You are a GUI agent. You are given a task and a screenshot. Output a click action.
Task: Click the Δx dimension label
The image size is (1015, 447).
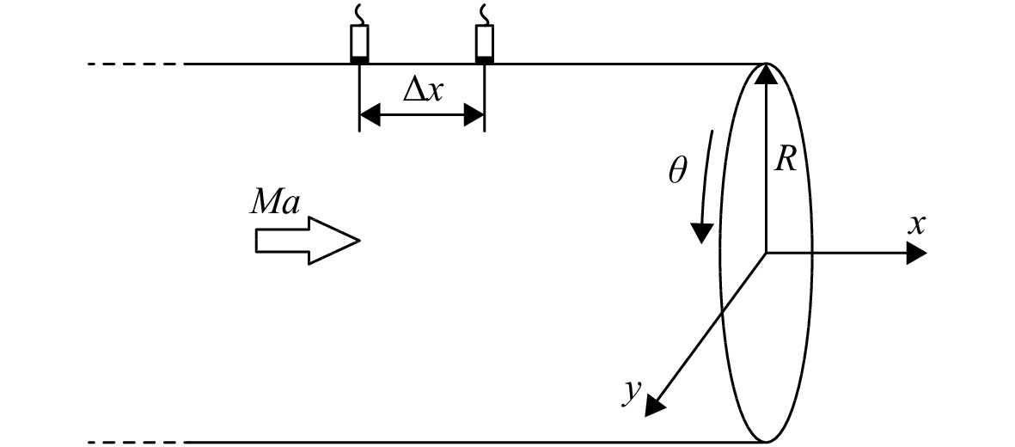click(x=422, y=91)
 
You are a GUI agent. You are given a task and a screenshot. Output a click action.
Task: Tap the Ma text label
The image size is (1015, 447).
click(x=275, y=204)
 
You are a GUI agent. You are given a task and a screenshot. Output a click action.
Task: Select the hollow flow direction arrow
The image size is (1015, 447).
click(x=307, y=241)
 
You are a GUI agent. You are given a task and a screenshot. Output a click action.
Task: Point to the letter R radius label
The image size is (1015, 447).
click(x=786, y=158)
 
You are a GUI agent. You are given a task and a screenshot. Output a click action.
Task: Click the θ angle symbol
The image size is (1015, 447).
click(x=678, y=171)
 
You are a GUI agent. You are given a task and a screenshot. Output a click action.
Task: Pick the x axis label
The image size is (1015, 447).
click(x=916, y=225)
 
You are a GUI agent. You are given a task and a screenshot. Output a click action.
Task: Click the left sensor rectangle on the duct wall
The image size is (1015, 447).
click(x=359, y=43)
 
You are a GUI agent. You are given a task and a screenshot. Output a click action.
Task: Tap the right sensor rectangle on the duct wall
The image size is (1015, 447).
click(x=484, y=43)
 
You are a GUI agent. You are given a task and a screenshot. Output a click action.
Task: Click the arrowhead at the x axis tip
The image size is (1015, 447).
click(x=916, y=253)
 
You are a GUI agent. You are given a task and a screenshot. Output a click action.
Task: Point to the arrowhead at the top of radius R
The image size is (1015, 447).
click(x=766, y=74)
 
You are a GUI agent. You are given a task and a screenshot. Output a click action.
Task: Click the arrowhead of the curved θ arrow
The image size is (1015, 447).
click(x=701, y=233)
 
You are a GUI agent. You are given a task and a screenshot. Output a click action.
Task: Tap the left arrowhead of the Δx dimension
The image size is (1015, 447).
click(x=370, y=117)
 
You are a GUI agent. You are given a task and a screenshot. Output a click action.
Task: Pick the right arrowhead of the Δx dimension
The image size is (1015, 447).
click(x=474, y=117)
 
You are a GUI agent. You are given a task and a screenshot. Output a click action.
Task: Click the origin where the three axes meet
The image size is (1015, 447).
click(x=767, y=253)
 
